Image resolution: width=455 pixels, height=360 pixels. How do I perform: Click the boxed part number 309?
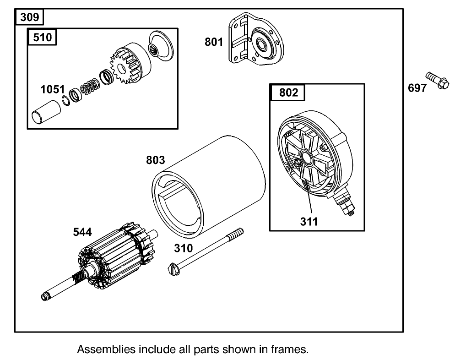pyautogui.click(x=30, y=18)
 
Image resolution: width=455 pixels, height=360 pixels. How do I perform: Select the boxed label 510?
pyautogui.click(x=43, y=38)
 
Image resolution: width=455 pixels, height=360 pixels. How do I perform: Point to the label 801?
pyautogui.click(x=213, y=42)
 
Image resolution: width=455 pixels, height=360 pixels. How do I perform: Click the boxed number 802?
pyautogui.click(x=288, y=93)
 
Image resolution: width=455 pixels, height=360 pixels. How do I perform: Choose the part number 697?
pyautogui.click(x=417, y=88)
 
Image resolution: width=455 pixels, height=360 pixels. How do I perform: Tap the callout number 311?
pyautogui.click(x=309, y=222)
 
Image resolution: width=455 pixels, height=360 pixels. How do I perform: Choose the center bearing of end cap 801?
pyautogui.click(x=263, y=44)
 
